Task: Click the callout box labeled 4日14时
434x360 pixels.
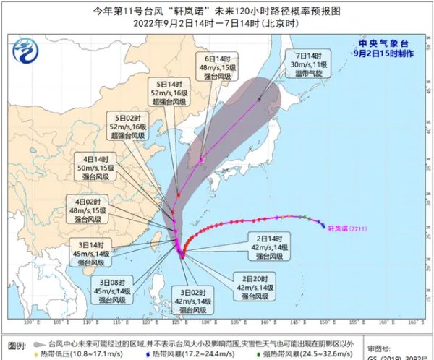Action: (97, 168)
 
